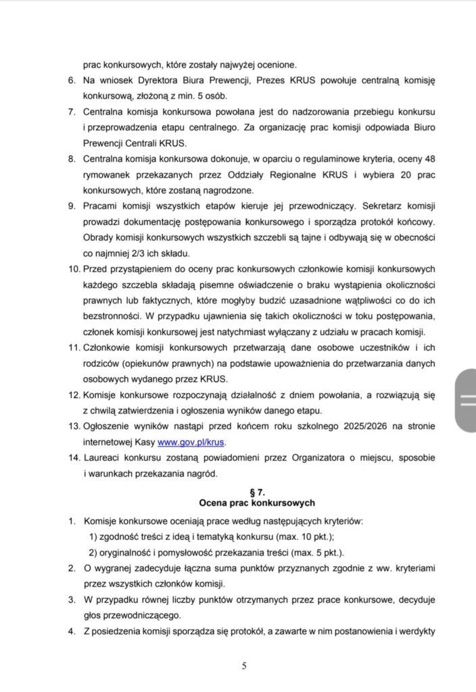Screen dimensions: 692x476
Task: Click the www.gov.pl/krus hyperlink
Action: click(190, 443)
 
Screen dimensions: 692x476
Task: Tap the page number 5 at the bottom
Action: click(244, 666)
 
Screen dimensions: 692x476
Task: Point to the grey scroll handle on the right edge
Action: click(465, 401)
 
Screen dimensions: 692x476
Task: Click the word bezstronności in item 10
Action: click(112, 316)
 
